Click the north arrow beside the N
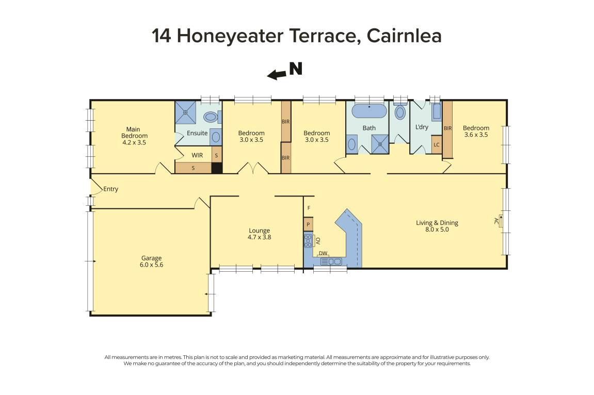pos(277,75)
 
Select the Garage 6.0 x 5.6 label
pos(151,261)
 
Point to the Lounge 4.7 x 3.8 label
pos(259,234)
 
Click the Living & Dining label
pos(437,226)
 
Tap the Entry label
pos(110,189)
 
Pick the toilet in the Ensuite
pos(212,117)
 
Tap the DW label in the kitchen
pos(323,253)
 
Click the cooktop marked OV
pos(309,240)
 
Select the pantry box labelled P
pos(308,225)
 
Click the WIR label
pos(197,155)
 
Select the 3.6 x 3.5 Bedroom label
pos(475,131)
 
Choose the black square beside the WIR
pos(217,168)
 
